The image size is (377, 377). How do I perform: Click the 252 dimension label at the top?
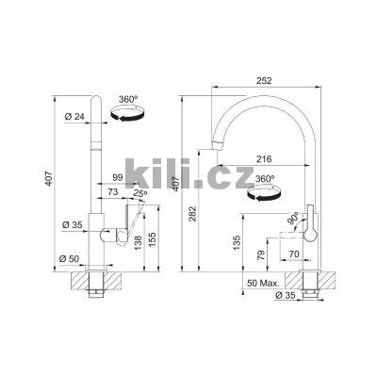click(264, 80)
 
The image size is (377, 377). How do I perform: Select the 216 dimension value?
click(263, 159)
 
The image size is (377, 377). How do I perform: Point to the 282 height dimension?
click(193, 214)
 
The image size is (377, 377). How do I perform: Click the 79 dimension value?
click(261, 254)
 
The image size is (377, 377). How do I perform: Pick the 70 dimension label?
click(294, 254)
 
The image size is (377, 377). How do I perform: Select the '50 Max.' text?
click(263, 283)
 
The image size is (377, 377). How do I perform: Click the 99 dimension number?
click(117, 177)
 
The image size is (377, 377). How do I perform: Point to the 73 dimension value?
click(112, 191)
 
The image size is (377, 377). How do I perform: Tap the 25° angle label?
click(140, 194)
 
